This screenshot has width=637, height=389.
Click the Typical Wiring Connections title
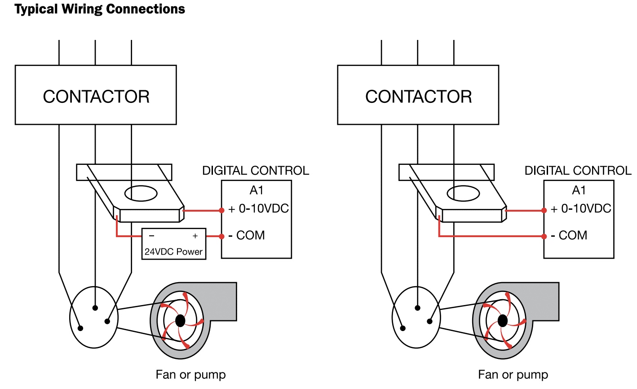100,9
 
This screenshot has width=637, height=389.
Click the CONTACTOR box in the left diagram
96,95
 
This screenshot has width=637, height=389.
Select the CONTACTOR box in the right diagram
418,95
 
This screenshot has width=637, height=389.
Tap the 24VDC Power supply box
174,244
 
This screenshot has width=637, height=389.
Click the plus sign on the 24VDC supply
195,236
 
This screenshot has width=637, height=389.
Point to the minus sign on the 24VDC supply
151,236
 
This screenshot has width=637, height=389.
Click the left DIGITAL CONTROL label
256,171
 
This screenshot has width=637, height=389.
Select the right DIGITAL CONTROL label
578,171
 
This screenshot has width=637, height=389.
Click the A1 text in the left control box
257,190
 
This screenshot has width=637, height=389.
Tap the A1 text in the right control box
579,190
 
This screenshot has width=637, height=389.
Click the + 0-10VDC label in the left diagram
259,209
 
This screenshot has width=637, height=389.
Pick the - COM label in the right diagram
569,235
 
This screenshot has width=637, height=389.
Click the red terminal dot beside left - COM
221,236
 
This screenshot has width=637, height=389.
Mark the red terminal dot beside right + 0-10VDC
544,210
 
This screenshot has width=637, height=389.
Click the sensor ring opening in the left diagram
141,194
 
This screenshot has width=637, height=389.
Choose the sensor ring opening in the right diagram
464,194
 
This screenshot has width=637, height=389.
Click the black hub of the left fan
180,320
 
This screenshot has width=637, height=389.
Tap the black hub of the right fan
503,321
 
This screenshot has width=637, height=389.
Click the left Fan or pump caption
190,375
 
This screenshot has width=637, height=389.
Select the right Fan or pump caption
513,375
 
